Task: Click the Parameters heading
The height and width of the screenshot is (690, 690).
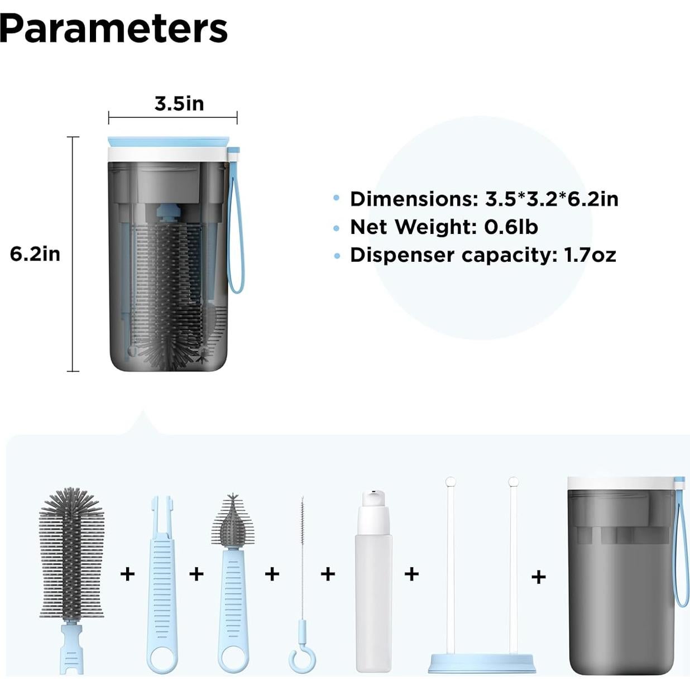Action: click(114, 29)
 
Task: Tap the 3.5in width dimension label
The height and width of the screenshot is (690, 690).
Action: click(179, 103)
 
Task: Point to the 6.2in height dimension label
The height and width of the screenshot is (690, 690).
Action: click(35, 254)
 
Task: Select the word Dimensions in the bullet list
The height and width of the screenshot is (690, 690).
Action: click(414, 199)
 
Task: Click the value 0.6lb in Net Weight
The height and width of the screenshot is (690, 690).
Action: click(511, 227)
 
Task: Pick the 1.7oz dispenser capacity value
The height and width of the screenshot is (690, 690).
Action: click(590, 255)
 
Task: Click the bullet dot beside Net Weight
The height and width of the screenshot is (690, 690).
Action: click(336, 228)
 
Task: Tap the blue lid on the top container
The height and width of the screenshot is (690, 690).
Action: click(168, 142)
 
